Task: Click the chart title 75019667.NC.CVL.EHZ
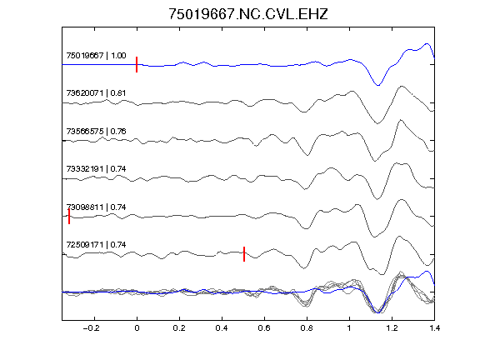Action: (x=248, y=14)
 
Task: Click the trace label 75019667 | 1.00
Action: (x=96, y=55)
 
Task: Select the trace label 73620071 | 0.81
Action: (x=96, y=93)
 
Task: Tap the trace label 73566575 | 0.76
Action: (x=96, y=132)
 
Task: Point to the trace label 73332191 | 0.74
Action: (x=96, y=169)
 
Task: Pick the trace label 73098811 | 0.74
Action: (x=96, y=207)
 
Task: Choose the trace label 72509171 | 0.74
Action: (x=96, y=245)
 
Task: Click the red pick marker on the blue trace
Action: (x=137, y=65)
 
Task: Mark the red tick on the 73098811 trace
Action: (x=69, y=217)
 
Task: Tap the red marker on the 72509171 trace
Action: (x=244, y=254)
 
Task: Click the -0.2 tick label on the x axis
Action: (x=91, y=328)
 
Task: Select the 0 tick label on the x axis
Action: (x=137, y=328)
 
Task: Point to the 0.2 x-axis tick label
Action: (x=179, y=328)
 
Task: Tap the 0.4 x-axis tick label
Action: (x=222, y=328)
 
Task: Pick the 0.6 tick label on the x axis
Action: (x=264, y=328)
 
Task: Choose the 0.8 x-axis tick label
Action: (x=307, y=328)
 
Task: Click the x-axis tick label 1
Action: (x=349, y=328)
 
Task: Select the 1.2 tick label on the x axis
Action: (x=392, y=328)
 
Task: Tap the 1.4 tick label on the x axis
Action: (x=434, y=328)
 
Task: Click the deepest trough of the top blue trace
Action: (x=377, y=85)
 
